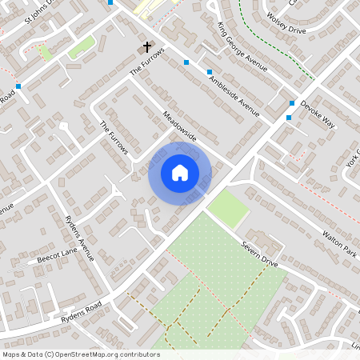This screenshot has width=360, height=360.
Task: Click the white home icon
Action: pos(180,172)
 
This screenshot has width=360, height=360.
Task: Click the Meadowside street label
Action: pos(179,127)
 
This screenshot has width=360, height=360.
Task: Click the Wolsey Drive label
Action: pos(286,22)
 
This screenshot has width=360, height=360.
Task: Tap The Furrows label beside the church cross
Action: pos(147,62)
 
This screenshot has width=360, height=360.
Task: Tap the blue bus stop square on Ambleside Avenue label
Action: pos(186,62)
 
